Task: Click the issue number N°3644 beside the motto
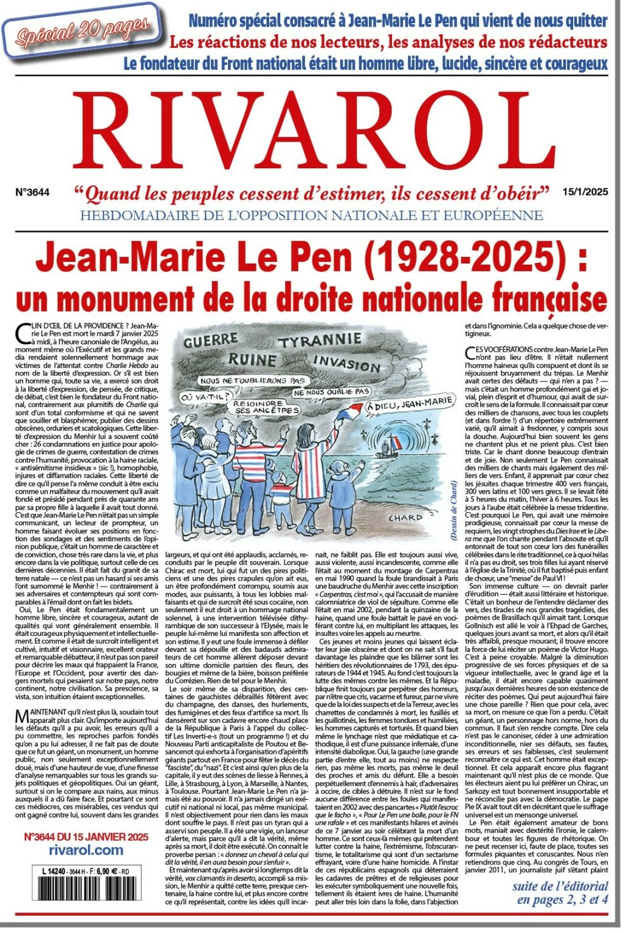[x=32, y=193]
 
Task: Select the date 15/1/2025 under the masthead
[x=585, y=193]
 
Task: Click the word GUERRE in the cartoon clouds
[x=210, y=341]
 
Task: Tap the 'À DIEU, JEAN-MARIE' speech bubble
[x=408, y=403]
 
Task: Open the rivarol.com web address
[x=85, y=850]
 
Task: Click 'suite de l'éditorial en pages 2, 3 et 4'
[x=559, y=893]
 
